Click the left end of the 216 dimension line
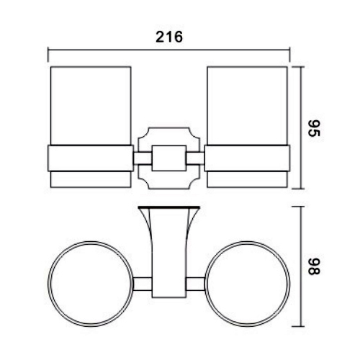(x=48, y=50)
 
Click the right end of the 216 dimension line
(x=289, y=50)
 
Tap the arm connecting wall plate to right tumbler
(x=197, y=157)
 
